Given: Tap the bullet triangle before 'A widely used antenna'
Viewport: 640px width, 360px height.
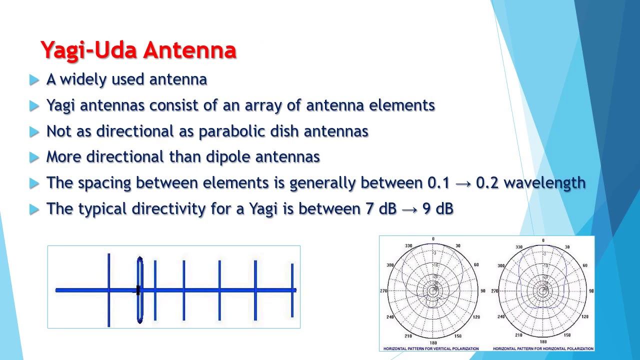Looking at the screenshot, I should tap(34, 80).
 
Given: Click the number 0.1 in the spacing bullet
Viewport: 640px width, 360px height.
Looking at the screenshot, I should tap(438, 183).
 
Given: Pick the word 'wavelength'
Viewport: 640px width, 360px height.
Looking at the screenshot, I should tap(544, 183).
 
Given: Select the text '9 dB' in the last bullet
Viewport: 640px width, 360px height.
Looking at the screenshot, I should tap(437, 209).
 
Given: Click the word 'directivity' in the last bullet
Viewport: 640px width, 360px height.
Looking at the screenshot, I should tap(168, 209).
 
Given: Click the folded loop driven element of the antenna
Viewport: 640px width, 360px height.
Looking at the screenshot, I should tap(140, 290).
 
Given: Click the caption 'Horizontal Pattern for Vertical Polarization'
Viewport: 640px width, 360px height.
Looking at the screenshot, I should tap(430, 348).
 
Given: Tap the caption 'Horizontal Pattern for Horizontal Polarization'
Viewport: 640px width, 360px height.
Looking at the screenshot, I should tap(543, 348).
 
